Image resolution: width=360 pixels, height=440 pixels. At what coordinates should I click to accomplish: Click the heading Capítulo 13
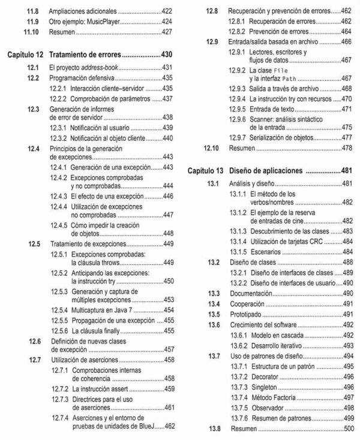[x=205, y=170]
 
